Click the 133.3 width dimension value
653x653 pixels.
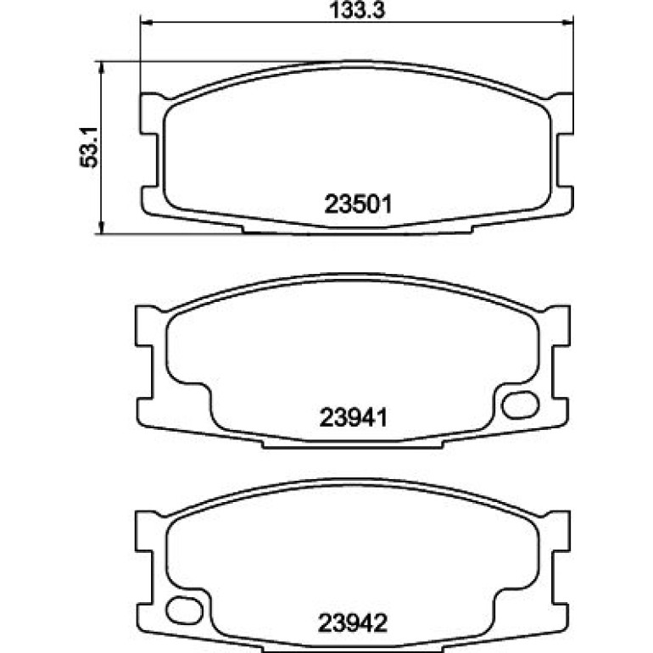(357, 10)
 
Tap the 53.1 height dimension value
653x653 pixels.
(89, 147)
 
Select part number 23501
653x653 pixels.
(358, 204)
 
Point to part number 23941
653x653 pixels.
(354, 417)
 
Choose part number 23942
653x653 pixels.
(353, 623)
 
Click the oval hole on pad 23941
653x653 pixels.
(520, 405)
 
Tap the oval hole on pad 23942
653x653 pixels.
(185, 611)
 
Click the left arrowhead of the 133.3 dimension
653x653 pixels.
(147, 23)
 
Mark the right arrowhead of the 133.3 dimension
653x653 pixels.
(567, 23)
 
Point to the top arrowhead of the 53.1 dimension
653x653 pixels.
(101, 68)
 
